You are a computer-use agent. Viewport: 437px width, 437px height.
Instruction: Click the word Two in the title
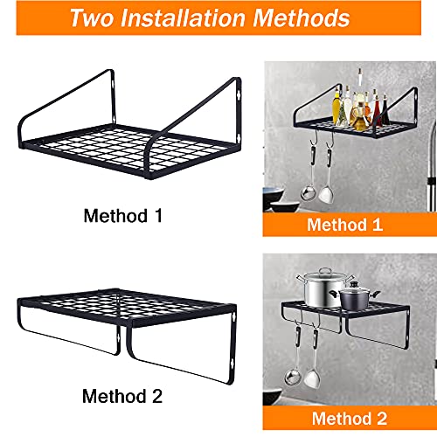click(x=94, y=18)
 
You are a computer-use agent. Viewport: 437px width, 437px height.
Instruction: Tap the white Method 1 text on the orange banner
click(x=345, y=225)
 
